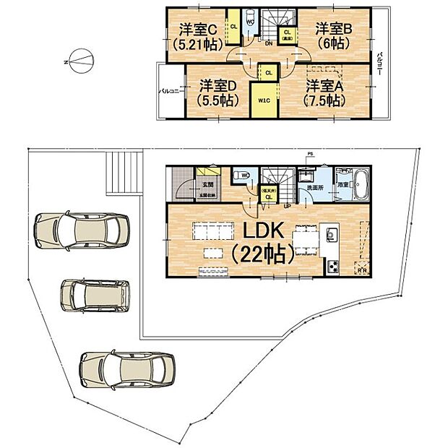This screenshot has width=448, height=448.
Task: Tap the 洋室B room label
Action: tap(332, 30)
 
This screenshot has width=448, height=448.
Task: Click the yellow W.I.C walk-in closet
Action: tap(262, 100)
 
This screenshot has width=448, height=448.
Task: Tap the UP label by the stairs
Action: tap(288, 206)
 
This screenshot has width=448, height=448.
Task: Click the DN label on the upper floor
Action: tap(268, 43)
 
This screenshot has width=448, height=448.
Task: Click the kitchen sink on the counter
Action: tap(332, 235)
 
